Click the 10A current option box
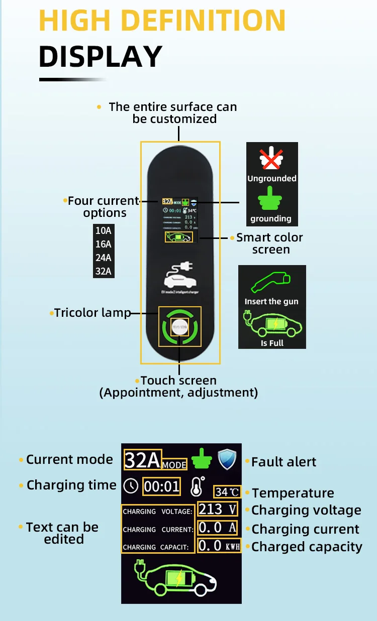[104, 231]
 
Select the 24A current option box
[104, 258]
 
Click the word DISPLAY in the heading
[101, 56]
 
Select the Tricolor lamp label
[92, 313]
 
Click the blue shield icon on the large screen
[227, 459]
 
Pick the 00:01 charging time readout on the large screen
[162, 486]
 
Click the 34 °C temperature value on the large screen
[227, 492]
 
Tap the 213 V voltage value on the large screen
[217, 510]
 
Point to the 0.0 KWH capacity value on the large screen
[219, 546]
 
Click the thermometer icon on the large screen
[197, 486]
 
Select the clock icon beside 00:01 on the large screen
[131, 486]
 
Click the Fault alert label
[284, 462]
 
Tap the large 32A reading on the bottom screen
[143, 459]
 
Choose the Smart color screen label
[270, 243]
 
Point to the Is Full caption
[272, 343]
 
